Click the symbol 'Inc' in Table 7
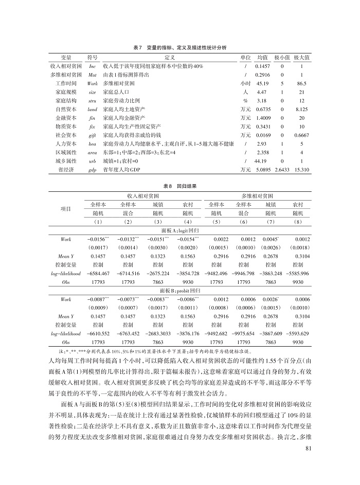pos(93,67)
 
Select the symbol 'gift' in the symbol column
pos(93,132)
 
